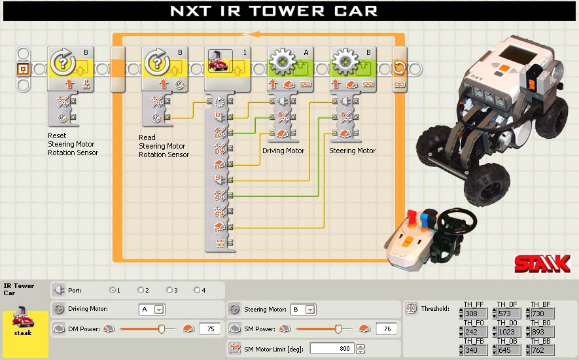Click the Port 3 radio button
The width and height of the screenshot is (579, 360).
pos(169,290)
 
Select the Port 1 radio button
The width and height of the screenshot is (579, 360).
pos(113,290)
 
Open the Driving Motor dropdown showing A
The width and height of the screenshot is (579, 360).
pos(152,310)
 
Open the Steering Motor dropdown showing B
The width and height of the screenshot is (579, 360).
pos(304,310)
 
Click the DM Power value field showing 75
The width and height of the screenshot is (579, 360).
pos(210,329)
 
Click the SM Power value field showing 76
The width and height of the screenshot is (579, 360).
pos(386,329)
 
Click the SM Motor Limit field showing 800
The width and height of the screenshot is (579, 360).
pos(332,348)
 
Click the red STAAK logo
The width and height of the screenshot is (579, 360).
pos(542,264)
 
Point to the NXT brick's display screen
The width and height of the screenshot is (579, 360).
pos(518,54)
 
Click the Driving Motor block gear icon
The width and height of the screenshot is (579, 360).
pos(283,62)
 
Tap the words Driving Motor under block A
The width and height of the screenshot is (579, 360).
pos(283,151)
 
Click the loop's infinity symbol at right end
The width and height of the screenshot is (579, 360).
pos(400,84)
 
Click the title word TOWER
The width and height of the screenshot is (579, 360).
pos(287,11)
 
